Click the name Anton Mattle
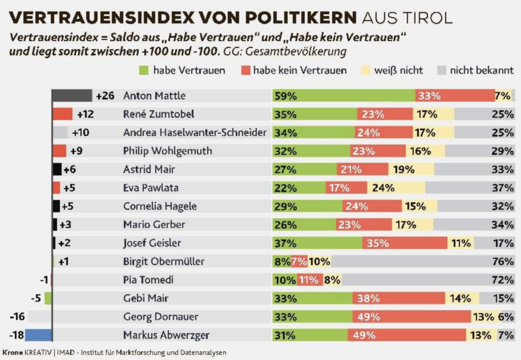(x=154, y=96)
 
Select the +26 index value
(x=105, y=96)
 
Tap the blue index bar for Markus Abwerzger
(x=38, y=335)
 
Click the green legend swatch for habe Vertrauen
(x=143, y=70)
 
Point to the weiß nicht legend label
(x=398, y=70)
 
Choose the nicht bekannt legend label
(x=481, y=70)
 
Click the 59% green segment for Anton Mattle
(x=344, y=96)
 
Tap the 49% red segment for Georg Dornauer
(x=412, y=317)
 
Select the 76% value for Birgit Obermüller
(x=503, y=262)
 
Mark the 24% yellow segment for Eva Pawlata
(x=396, y=188)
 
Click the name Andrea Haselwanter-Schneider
(x=194, y=133)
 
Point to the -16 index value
(x=18, y=317)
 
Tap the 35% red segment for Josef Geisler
(x=404, y=243)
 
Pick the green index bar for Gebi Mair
(x=48, y=298)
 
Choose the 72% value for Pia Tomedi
(x=503, y=280)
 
